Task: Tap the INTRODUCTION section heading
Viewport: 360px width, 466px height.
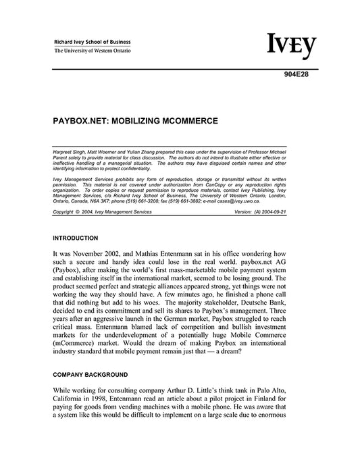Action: click(75, 238)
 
